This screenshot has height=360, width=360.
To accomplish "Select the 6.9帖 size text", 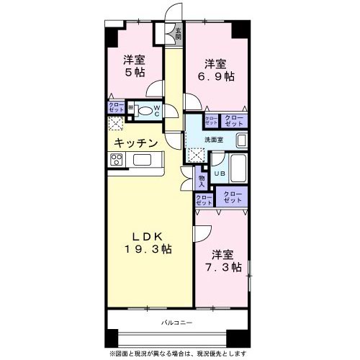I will (217, 76).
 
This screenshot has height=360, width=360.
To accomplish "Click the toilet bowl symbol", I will (145, 110).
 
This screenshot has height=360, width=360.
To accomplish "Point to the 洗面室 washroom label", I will (214, 139).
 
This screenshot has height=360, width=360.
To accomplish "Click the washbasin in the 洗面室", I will (242, 140).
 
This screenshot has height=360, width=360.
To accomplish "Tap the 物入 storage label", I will (202, 178).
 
